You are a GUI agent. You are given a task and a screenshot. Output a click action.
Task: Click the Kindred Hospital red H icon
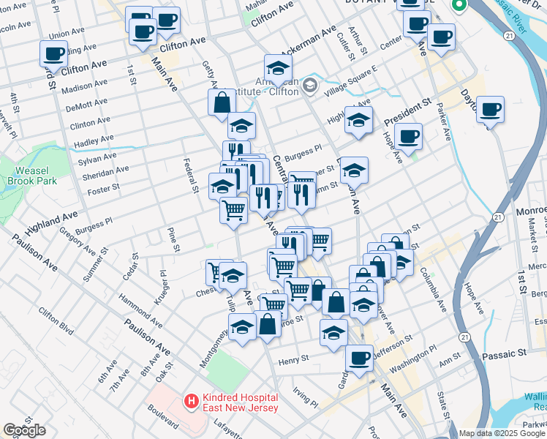191,401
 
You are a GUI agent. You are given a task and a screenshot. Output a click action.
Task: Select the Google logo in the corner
24,430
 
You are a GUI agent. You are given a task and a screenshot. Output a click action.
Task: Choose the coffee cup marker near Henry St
359,358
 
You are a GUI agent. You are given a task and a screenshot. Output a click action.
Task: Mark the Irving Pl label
306,398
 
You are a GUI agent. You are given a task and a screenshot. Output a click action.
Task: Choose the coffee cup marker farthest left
54,53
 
